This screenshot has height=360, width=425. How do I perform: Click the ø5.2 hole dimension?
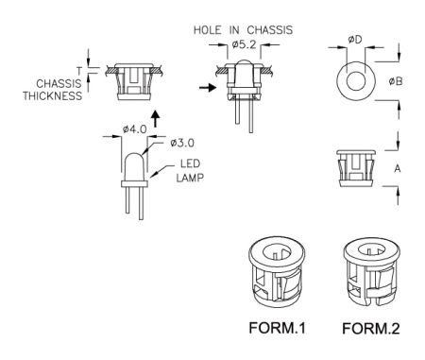pos(245,45)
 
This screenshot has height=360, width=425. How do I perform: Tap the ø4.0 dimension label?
pos(134,129)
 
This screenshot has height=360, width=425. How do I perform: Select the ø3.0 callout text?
pos(182,143)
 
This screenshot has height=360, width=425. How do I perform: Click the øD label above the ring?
pos(355,40)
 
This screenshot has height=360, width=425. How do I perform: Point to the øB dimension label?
pos(396,81)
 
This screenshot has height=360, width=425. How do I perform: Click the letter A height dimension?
pos(398,169)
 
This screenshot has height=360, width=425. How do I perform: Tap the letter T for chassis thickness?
pos(78,71)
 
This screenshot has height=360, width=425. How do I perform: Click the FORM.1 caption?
pos(277,328)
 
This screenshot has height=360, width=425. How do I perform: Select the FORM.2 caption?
pos(371,329)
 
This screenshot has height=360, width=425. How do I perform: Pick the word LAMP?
pos(190,178)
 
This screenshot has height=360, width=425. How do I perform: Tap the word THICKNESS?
pos(52,95)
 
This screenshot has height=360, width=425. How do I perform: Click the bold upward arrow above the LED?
pos(155,119)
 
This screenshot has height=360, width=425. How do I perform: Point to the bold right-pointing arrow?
pos(208,87)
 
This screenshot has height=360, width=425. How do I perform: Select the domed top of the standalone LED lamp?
pos(134,158)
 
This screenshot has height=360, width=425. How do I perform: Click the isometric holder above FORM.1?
pos(277,272)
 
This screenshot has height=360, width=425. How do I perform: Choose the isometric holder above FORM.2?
pos(370,272)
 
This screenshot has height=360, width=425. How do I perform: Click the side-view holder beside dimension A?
pos(356,168)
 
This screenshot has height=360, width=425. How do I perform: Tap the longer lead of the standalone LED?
pos(142,203)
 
